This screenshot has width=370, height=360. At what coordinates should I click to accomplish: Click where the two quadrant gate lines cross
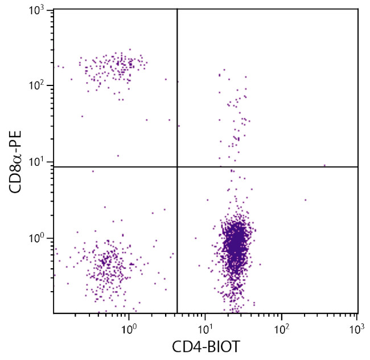178,167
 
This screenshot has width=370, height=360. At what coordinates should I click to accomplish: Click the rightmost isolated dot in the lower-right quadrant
305,200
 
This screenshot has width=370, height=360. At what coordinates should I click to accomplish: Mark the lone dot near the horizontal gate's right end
324,165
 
